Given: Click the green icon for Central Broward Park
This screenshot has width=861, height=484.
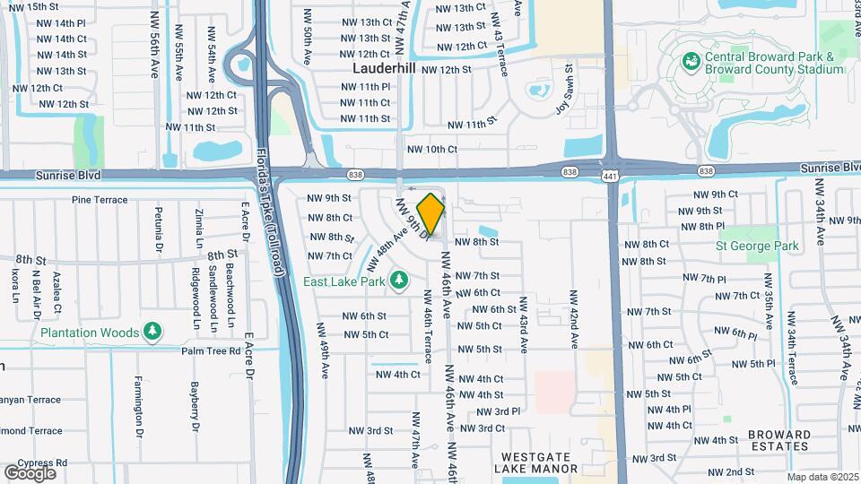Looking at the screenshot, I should (691, 61).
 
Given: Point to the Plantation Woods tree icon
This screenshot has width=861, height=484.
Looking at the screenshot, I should (152, 333).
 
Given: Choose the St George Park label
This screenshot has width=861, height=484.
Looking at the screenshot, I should (757, 244).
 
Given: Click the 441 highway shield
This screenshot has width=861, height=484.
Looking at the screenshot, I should (610, 170).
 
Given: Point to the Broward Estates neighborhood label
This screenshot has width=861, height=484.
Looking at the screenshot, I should (778, 440).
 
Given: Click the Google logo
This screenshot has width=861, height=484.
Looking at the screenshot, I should (30, 472).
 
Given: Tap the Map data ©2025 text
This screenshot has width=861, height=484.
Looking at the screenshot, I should (822, 477).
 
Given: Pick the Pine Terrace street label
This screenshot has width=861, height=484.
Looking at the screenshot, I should (100, 200).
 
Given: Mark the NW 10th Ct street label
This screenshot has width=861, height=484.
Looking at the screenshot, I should (431, 150).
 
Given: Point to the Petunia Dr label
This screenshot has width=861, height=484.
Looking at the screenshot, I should (159, 229).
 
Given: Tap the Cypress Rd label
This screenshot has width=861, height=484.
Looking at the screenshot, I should (48, 463).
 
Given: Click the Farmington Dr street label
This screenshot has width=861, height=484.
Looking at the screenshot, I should (139, 406).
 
